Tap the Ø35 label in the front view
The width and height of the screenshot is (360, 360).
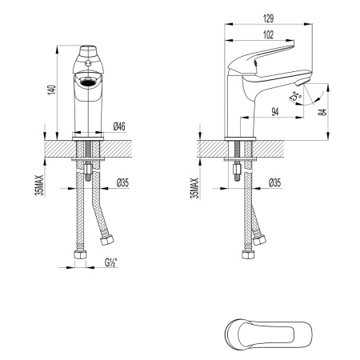pyautogui.click(x=123, y=182)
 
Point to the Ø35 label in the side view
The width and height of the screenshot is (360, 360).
pyautogui.click(x=274, y=182)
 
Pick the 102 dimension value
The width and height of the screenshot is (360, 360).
pyautogui.click(x=266, y=34)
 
